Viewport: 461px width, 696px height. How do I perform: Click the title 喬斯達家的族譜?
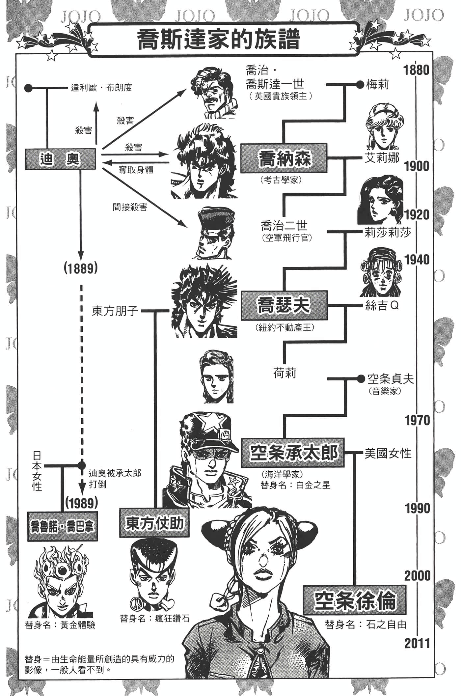click(x=219, y=40)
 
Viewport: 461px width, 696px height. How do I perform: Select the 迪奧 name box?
click(x=60, y=159)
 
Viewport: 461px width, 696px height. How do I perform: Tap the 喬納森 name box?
click(x=284, y=158)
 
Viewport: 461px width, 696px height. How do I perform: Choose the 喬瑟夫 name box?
click(x=284, y=305)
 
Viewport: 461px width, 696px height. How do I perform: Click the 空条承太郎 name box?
click(x=293, y=453)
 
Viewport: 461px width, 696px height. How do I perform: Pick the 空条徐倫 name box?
click(x=354, y=600)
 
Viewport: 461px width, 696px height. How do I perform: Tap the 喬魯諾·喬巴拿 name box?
click(x=62, y=526)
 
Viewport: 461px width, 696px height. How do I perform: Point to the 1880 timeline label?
click(x=417, y=70)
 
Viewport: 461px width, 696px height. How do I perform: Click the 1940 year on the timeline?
click(x=417, y=260)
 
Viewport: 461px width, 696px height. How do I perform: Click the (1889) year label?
click(x=81, y=268)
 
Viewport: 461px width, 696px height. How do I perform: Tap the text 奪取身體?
click(x=136, y=171)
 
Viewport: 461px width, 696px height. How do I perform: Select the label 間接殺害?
click(x=130, y=207)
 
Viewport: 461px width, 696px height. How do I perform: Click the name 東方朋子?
click(x=115, y=311)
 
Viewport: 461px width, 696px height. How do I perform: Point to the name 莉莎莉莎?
click(x=388, y=233)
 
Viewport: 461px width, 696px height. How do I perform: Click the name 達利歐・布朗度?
click(x=101, y=88)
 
